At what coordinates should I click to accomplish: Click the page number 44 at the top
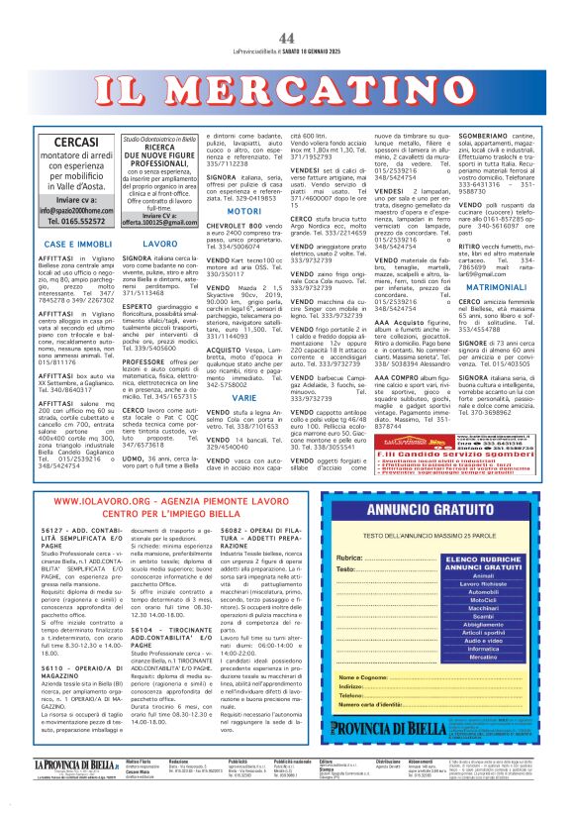pyautogui.click(x=287, y=38)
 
